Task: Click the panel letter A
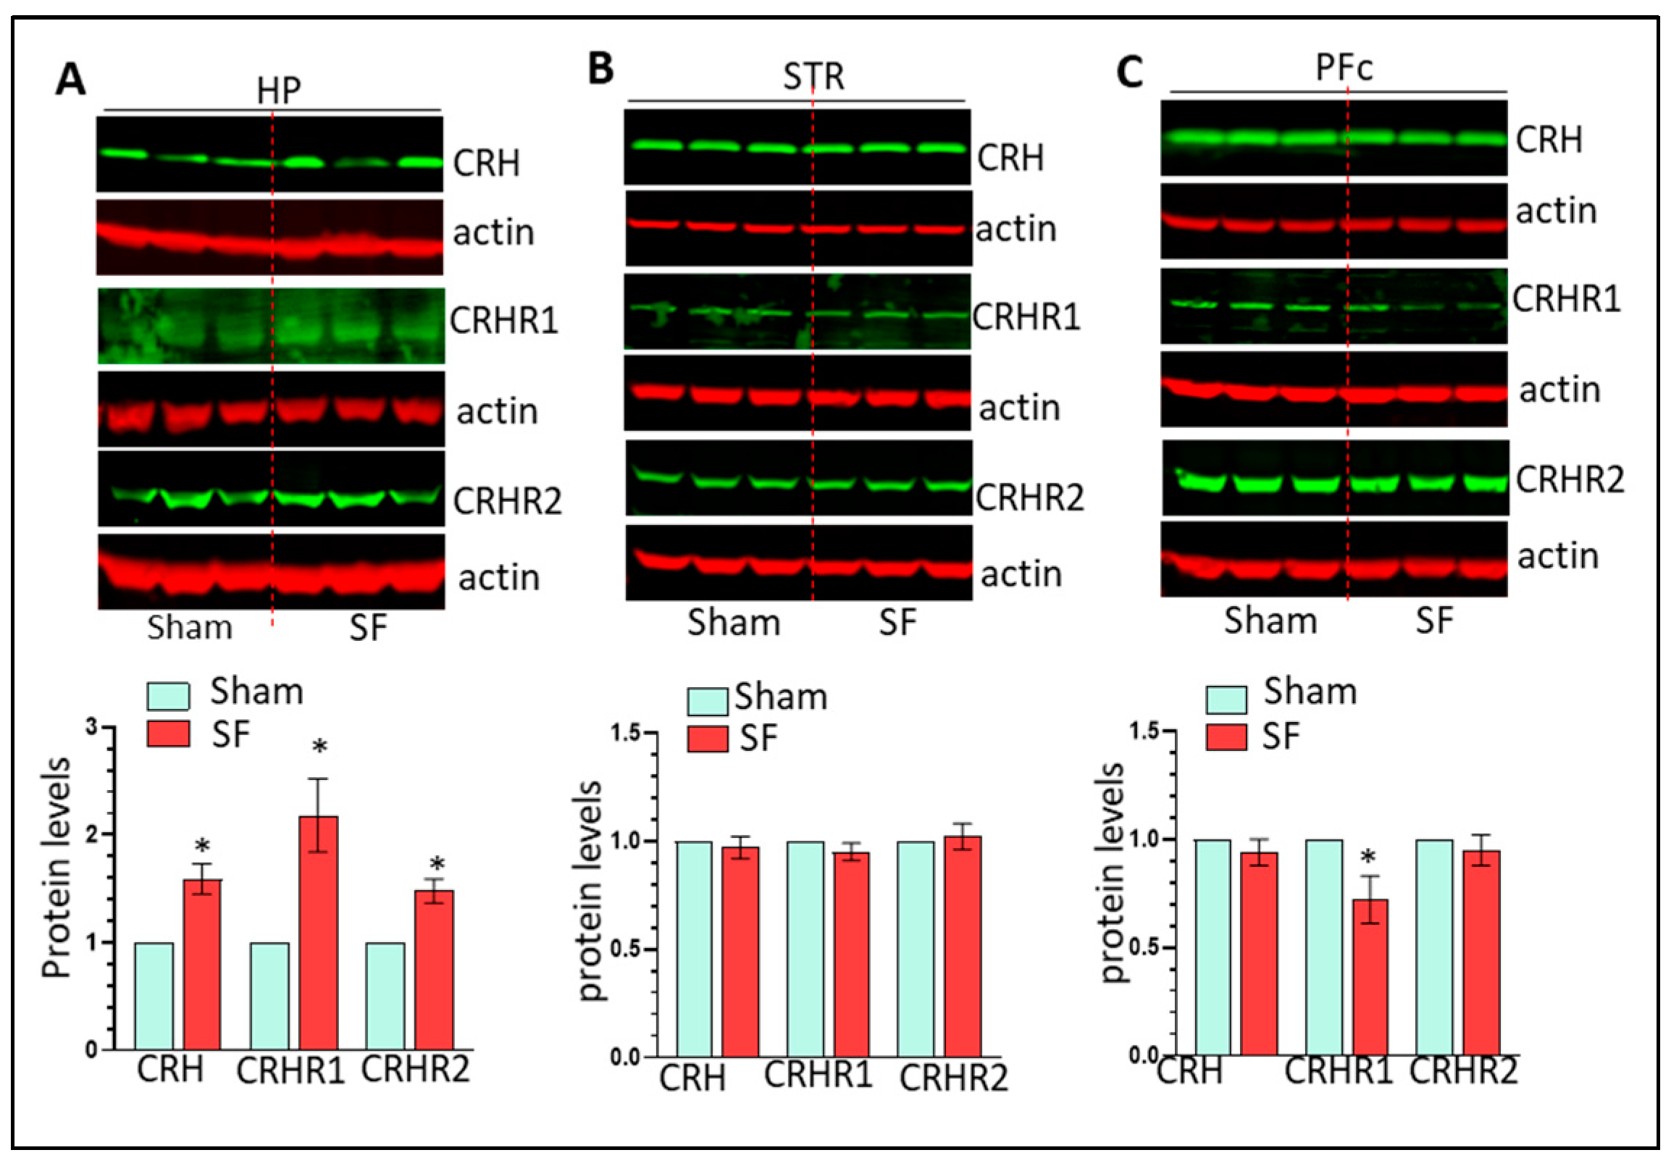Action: (x=70, y=80)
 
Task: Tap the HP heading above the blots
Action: (x=278, y=91)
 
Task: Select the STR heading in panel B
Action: (x=813, y=77)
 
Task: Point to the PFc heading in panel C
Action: (x=1344, y=68)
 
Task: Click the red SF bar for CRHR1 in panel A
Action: (x=318, y=932)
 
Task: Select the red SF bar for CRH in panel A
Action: (x=202, y=963)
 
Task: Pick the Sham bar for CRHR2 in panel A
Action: (x=385, y=996)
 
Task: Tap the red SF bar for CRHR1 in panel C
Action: (x=1370, y=976)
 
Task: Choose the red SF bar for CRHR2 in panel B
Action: (x=963, y=946)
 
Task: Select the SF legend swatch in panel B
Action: (x=707, y=738)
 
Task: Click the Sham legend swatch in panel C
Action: (x=1226, y=700)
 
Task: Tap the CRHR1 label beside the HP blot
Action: (x=504, y=321)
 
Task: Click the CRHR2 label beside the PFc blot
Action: (x=1570, y=479)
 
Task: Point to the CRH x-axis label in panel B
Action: (x=692, y=1078)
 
